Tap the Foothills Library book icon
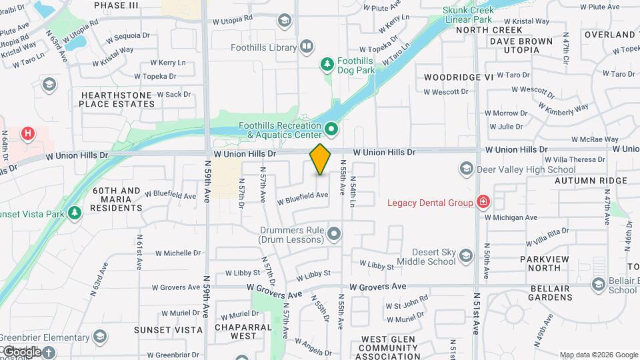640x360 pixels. coord(306,47)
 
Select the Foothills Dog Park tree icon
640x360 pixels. coord(327,64)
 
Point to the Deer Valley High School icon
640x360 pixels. coord(466,169)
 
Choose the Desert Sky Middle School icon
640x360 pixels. coord(466,256)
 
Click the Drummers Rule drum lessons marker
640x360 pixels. coord(334,233)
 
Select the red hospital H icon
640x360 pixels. coord(27,133)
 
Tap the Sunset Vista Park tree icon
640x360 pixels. coord(75,212)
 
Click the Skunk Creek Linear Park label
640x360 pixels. coord(468,15)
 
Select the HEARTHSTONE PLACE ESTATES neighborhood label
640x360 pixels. coord(117,99)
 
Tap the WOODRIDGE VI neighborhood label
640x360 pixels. coord(459,77)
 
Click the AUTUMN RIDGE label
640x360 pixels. coord(581,181)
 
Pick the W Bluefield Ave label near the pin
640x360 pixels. coord(303,196)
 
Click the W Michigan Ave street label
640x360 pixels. coord(511,217)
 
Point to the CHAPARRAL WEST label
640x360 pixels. coord(243,331)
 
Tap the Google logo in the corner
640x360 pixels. coord(22,351)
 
